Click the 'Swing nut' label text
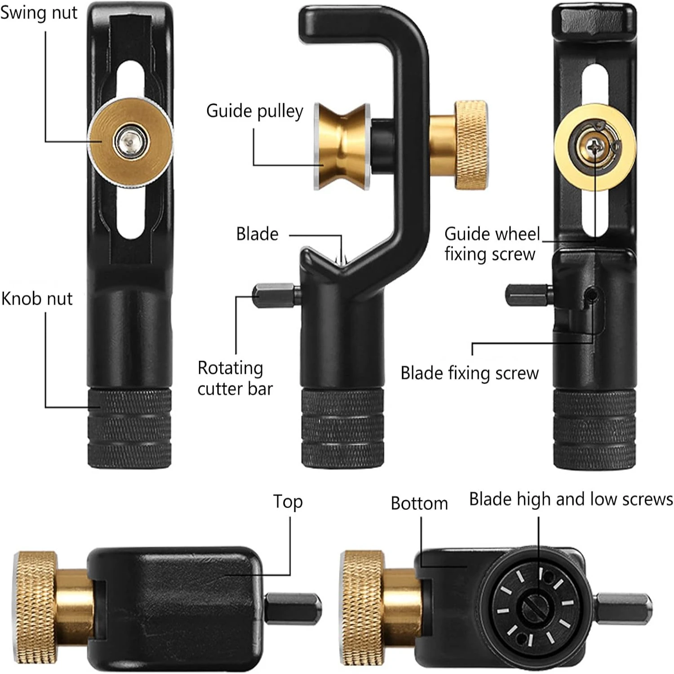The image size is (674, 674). coord(39,13)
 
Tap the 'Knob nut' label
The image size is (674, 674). coord(37,299)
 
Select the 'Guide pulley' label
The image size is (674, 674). coord(254,111)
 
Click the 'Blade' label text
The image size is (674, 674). coord(257,234)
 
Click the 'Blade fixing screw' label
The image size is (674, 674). coord(469,373)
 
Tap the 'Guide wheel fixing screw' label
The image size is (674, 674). coord(491,244)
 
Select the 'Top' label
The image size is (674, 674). coord(288,502)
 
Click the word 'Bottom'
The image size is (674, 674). coord(419,504)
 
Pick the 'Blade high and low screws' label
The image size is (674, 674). coord(571,499)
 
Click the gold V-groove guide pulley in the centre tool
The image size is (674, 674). coord(341,146)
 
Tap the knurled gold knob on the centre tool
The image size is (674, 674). coord(470,145)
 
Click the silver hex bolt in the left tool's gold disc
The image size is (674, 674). coord(130,142)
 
